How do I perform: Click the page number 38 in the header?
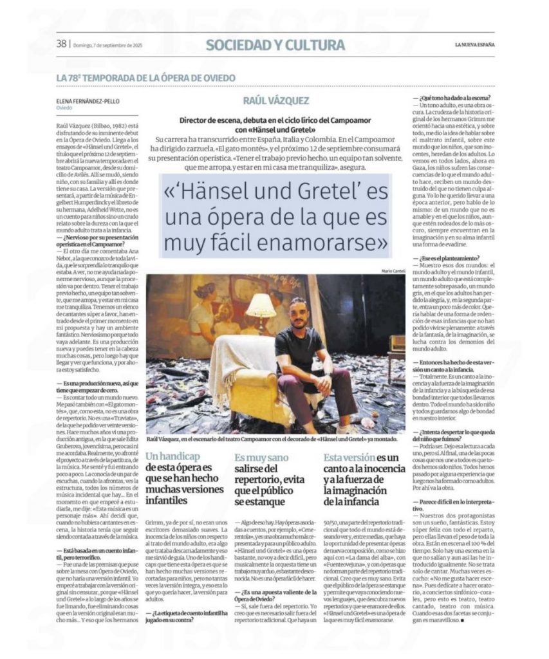[61, 44]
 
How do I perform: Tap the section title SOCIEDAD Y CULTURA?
[275, 44]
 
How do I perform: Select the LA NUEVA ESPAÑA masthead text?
[472, 44]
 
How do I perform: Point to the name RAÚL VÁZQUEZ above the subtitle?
[275, 101]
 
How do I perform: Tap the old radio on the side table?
[397, 342]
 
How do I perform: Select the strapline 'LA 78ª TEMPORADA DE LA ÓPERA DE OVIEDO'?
[145, 78]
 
